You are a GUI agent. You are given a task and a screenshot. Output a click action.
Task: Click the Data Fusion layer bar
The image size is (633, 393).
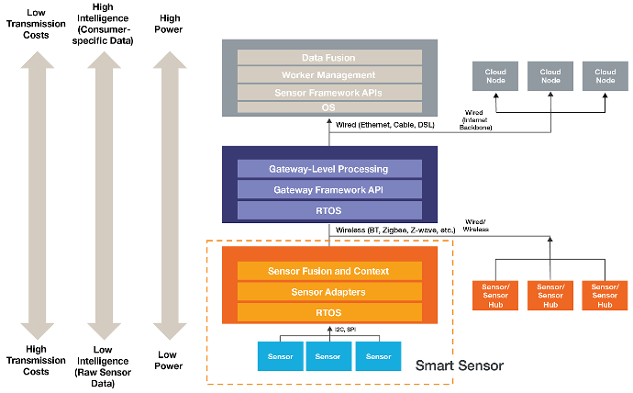coord(329,56)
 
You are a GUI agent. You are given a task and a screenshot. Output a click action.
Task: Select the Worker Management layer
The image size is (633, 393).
coord(329,74)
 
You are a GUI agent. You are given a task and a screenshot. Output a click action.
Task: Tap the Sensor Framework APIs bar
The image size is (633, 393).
coord(329,93)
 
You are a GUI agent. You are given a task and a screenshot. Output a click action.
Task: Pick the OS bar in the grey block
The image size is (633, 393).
coord(329,107)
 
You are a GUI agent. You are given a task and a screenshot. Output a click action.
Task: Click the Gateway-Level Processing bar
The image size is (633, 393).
coord(329,169)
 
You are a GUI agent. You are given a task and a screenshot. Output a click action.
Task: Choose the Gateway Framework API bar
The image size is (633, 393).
coord(329,189)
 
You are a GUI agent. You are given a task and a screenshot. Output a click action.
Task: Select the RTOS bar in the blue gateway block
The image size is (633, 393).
coord(329,210)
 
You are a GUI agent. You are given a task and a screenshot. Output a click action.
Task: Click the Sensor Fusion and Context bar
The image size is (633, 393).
coord(329,271)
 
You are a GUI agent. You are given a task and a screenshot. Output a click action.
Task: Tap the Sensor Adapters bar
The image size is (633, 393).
coord(329,292)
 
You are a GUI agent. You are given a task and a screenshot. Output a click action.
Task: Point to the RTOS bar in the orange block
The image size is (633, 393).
coord(329,313)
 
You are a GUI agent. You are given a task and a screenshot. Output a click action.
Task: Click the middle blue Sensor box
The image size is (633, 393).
coord(329,355)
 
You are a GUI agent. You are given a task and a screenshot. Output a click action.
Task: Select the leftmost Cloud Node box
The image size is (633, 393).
coord(495,75)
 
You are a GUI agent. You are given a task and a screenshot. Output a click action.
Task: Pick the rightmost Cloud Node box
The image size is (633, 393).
coord(605,75)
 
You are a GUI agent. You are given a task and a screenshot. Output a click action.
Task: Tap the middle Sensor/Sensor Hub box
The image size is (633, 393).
coord(550,295)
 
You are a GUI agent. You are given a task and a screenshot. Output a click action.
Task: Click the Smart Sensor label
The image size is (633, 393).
coord(460,365)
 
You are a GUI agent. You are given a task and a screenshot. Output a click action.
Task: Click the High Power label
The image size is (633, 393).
coord(170,23)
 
